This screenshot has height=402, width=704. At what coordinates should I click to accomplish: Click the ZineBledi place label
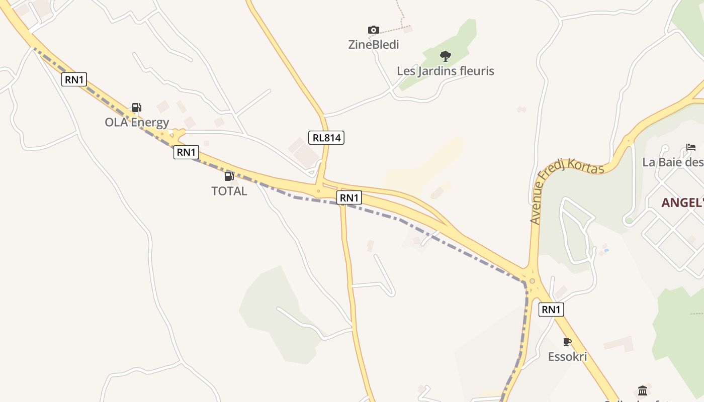(374, 45)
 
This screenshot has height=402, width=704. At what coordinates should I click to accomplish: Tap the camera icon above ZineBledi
(373, 30)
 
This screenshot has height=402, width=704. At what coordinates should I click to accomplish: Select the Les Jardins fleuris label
(446, 71)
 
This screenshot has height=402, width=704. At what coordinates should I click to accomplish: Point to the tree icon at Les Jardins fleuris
(445, 56)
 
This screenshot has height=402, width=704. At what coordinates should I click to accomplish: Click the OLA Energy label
(137, 122)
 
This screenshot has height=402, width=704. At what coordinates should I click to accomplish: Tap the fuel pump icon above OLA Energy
(136, 107)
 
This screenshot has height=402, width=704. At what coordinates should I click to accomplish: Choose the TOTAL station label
(229, 191)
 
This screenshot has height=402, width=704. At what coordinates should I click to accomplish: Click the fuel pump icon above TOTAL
(229, 176)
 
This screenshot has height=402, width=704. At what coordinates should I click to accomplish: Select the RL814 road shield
(326, 137)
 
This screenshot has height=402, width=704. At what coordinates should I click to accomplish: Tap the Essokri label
(567, 357)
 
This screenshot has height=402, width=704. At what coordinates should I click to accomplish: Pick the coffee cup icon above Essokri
(567, 342)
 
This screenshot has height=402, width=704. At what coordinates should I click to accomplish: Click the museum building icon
(643, 390)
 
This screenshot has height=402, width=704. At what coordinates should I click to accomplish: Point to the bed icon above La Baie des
(691, 147)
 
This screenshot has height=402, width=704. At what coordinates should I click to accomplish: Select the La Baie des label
(673, 162)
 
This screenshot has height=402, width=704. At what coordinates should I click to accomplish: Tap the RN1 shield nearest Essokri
(551, 310)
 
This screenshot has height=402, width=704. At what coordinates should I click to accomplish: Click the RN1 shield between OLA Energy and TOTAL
(186, 152)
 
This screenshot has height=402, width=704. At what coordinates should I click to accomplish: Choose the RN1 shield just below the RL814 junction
(349, 197)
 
